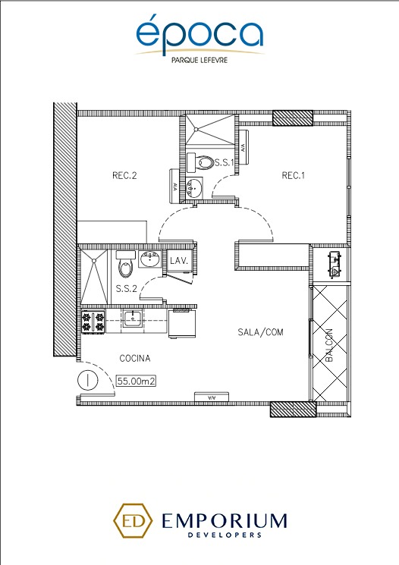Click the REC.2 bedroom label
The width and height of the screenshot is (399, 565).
124,176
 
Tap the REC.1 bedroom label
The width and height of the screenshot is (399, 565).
293,176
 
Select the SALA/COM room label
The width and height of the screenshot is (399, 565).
260,332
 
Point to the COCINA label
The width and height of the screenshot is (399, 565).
135,359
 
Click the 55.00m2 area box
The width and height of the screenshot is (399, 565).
137,381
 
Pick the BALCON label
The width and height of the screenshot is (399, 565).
329,345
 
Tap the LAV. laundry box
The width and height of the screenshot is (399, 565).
179,261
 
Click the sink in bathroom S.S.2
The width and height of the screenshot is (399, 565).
150,259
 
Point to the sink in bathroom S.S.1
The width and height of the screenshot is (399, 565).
194,187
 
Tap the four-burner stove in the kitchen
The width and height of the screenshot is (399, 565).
93,322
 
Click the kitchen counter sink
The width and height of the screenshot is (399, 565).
132,319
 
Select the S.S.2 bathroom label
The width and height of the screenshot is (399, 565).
127,289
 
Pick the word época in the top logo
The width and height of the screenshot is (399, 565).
199,33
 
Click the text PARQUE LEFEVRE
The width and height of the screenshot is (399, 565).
199,60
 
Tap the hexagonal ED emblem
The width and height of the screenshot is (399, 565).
132,521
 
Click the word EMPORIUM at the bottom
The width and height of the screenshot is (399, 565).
225,521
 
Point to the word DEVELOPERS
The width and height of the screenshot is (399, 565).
225,535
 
